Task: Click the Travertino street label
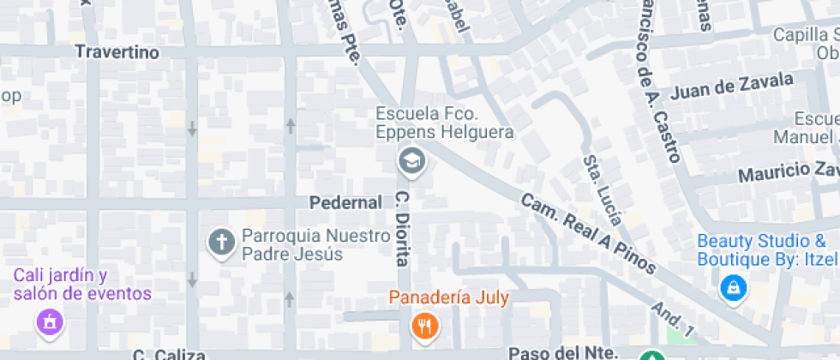click(117, 52)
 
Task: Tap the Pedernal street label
click(345, 203)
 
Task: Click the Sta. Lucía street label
click(603, 189)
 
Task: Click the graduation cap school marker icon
click(411, 159)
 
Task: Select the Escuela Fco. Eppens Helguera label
click(444, 123)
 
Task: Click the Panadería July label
click(449, 298)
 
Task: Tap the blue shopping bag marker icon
click(734, 289)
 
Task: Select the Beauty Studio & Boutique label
click(765, 249)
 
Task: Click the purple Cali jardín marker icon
click(49, 323)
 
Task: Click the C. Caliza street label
click(169, 354)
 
